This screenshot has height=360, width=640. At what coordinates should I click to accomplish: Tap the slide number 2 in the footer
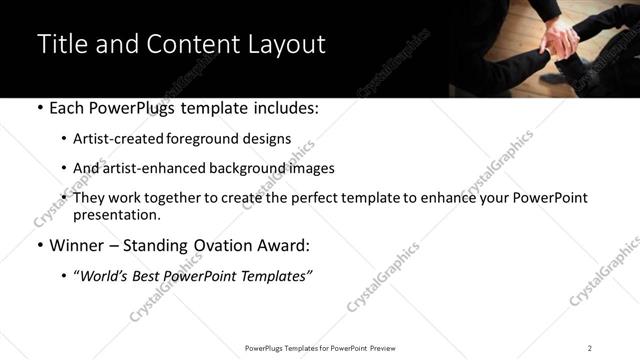pos(590,347)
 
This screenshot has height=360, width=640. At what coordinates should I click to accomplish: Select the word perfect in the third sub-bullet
pos(330,198)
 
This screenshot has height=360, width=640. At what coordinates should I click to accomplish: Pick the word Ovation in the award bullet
pos(226,245)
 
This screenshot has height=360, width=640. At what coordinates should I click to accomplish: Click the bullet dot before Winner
pos(38,246)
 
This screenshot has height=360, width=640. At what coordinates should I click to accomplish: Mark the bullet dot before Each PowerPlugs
pos(38,107)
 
